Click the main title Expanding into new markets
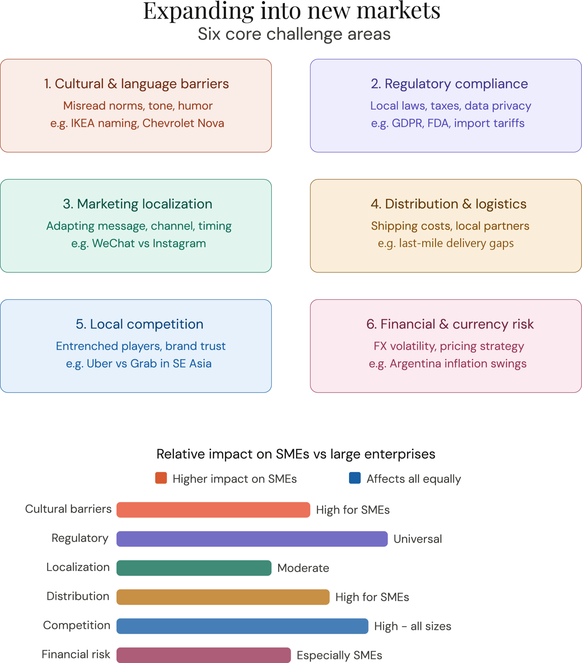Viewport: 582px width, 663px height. click(x=292, y=12)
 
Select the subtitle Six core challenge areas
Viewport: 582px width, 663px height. click(x=294, y=34)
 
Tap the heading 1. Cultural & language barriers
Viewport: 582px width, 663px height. click(x=136, y=84)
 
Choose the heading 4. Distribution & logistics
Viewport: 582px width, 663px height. click(x=448, y=204)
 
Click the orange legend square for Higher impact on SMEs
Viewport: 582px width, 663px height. click(x=161, y=478)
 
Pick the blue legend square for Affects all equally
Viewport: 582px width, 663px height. click(x=355, y=478)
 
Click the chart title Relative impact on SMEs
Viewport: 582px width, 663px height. click(x=296, y=454)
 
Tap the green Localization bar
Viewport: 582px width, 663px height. click(x=194, y=568)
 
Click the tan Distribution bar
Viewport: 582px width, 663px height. click(x=223, y=597)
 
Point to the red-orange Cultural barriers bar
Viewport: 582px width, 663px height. click(x=213, y=510)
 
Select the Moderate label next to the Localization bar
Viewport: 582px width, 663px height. click(x=303, y=568)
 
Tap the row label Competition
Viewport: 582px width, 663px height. click(x=77, y=625)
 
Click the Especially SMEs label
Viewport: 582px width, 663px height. click(x=339, y=655)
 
